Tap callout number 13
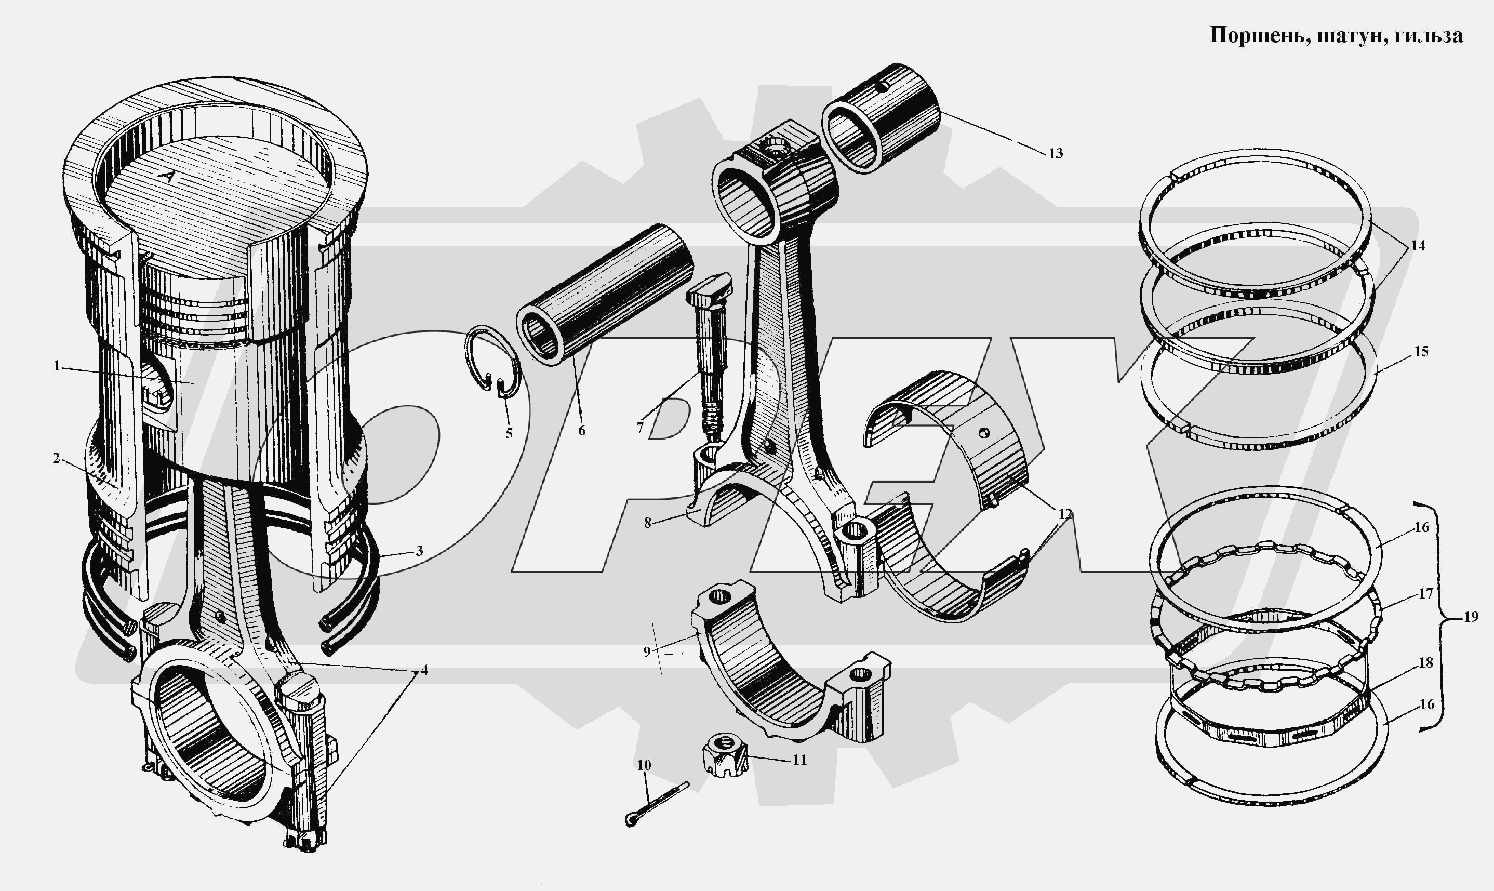(x=1056, y=154)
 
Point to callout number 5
(x=509, y=433)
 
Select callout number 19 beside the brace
(x=1471, y=617)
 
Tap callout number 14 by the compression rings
(x=1418, y=246)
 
